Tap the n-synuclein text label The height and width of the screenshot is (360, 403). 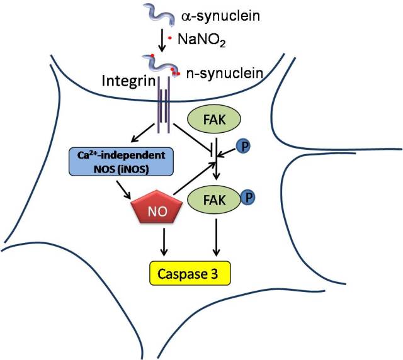pyautogui.click(x=220, y=74)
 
